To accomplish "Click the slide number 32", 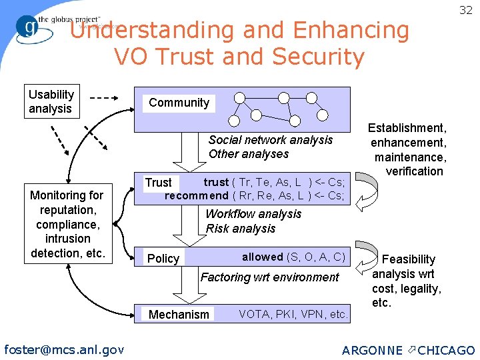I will (465, 10).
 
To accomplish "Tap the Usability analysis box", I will (51, 101).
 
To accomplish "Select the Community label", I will (179, 103).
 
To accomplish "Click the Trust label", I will (158, 183).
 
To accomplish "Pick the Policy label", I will (163, 259).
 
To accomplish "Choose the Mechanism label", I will (179, 315).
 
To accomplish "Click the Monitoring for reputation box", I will (67, 224).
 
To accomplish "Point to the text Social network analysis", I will (270, 140).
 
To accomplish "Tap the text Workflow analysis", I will (253, 214).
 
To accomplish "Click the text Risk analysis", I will (240, 229).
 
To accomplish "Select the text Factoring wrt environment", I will (270, 277).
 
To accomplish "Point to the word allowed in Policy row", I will (262, 257).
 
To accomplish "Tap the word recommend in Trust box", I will (197, 195).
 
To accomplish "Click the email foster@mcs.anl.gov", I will (64, 349).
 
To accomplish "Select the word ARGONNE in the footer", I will (372, 351).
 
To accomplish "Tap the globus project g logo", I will (29, 27).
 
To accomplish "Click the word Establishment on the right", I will (408, 128).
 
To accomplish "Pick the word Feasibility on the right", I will (407, 259).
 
